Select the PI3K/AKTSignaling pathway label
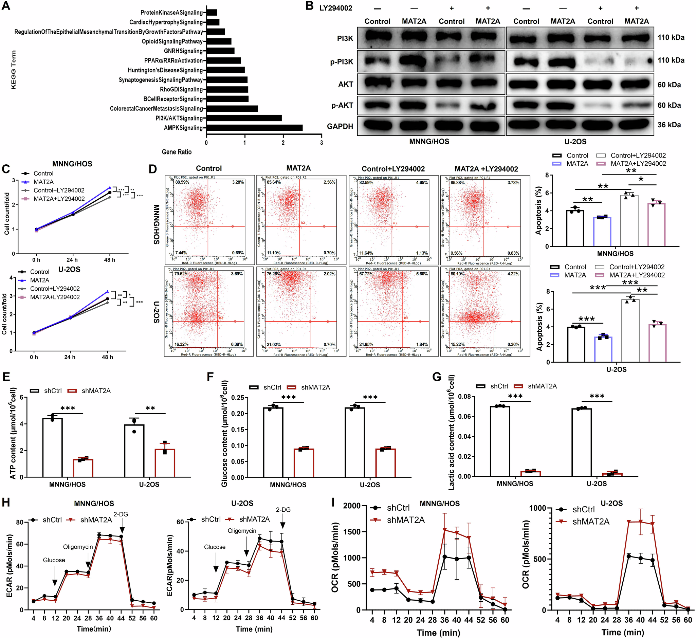click(x=179, y=119)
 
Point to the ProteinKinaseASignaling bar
click(x=212, y=13)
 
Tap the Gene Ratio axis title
click(x=177, y=152)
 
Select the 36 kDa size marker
click(x=669, y=125)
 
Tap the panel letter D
click(x=152, y=169)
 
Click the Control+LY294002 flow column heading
click(x=393, y=169)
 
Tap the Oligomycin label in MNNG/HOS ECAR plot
click(x=78, y=547)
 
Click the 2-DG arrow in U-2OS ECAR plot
click(x=283, y=526)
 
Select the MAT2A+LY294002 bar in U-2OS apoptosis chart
click(x=657, y=343)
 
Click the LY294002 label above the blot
click(x=335, y=8)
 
